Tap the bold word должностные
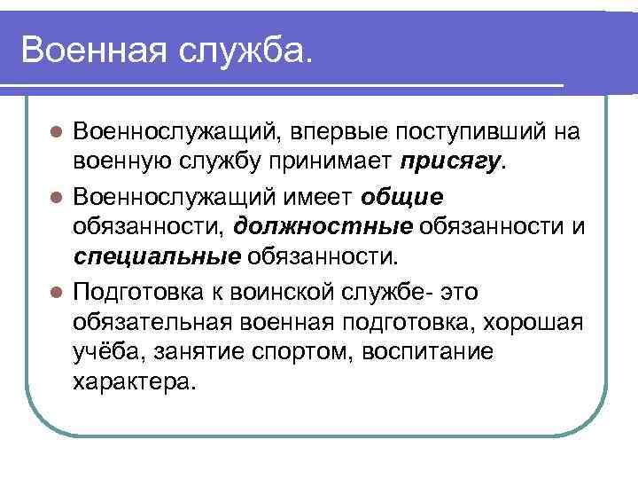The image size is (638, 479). click(x=324, y=226)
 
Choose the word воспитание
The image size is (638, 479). click(x=432, y=353)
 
